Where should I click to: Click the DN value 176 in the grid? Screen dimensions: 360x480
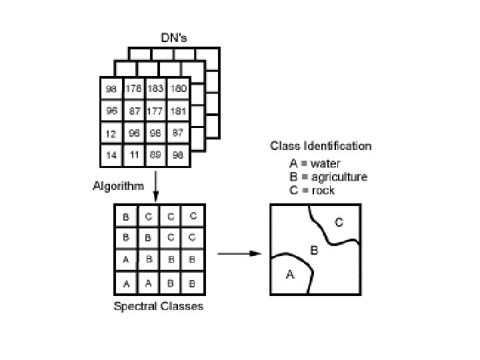(x=134, y=89)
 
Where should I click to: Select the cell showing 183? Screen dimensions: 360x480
(x=156, y=89)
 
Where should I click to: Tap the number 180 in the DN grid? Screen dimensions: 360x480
(x=178, y=89)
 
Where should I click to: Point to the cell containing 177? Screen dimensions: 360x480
(x=156, y=111)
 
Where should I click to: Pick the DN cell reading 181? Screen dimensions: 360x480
(x=178, y=111)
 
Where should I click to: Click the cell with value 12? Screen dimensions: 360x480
(x=111, y=134)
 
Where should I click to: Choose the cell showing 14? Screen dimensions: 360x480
(x=111, y=155)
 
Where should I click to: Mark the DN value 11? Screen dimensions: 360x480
(x=134, y=155)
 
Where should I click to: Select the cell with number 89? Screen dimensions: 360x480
(x=156, y=155)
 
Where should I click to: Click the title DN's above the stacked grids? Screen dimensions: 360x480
(x=174, y=39)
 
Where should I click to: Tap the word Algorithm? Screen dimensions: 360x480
(x=117, y=186)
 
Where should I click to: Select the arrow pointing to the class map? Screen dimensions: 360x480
(x=239, y=253)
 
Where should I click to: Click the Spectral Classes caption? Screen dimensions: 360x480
(x=159, y=307)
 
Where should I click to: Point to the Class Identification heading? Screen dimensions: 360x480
(x=320, y=146)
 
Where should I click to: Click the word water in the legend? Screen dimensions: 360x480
(x=326, y=163)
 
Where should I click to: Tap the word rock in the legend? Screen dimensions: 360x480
(x=323, y=191)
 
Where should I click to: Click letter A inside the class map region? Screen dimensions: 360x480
(x=290, y=274)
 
